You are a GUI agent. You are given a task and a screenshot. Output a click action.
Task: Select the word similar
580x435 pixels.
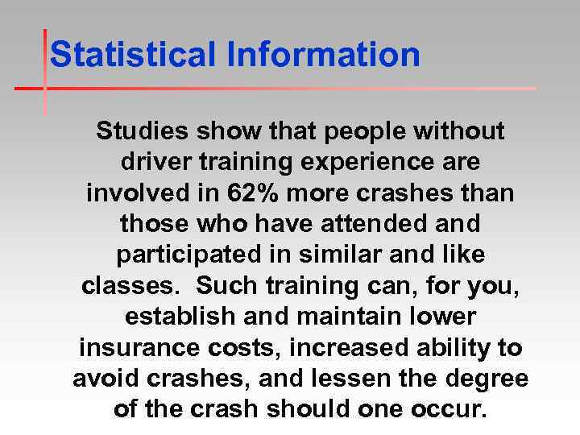pos(338,255)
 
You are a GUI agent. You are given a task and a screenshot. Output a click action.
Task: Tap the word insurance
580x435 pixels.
pos(134,348)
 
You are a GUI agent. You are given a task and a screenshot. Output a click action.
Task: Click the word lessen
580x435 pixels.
pos(358,379)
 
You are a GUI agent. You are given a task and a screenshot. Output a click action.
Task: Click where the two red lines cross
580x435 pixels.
pos(44,87)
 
